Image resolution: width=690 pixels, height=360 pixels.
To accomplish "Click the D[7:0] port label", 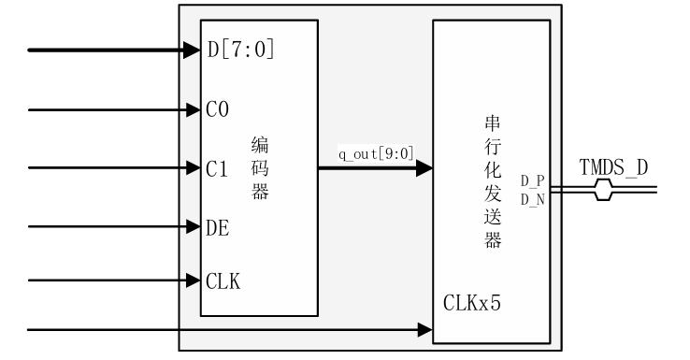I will coord(241,49).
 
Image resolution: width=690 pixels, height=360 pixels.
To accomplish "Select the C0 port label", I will coord(217,109).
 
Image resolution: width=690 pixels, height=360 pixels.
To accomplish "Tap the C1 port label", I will coord(217,169).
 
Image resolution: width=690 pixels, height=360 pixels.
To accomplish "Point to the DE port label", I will coord(218,227).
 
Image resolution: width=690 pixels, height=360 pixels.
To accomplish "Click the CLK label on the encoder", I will coord(223,280).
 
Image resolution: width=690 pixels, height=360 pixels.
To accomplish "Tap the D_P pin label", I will coord(533,179).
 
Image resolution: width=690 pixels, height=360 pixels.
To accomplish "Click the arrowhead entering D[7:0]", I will coord(194,49).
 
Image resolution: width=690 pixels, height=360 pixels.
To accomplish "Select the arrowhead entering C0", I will coord(194,109).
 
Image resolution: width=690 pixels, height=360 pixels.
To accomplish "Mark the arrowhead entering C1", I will coord(194,169).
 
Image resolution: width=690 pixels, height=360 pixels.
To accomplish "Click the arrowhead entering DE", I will coord(194,226).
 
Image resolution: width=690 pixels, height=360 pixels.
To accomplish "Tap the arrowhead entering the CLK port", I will coord(194,280).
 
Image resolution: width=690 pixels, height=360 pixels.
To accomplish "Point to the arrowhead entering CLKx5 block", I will coord(424,330).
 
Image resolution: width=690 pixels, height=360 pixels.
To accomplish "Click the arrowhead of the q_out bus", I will coord(424,169).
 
